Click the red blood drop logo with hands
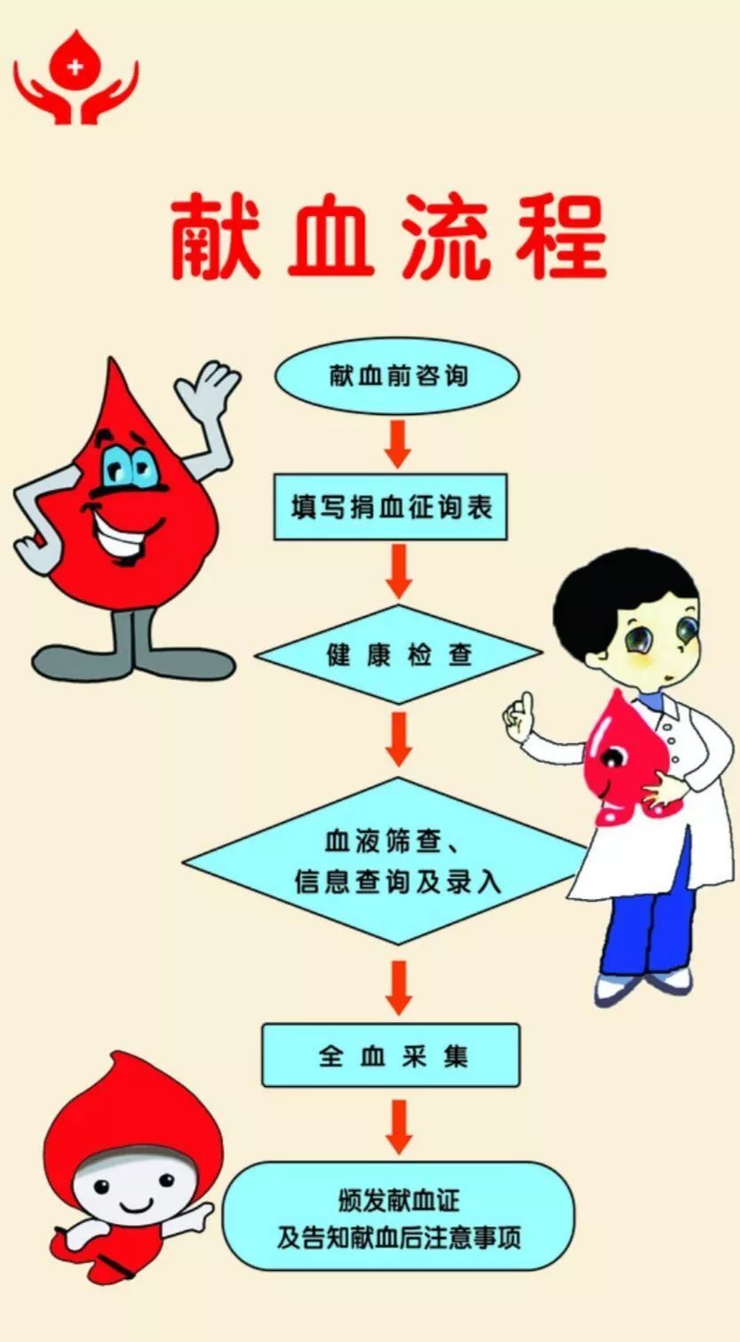(76, 78)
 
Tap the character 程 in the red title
(561, 237)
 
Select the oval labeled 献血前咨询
(397, 375)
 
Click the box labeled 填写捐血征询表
(390, 507)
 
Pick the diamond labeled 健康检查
(398, 655)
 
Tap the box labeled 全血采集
(391, 1055)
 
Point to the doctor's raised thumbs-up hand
(520, 712)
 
